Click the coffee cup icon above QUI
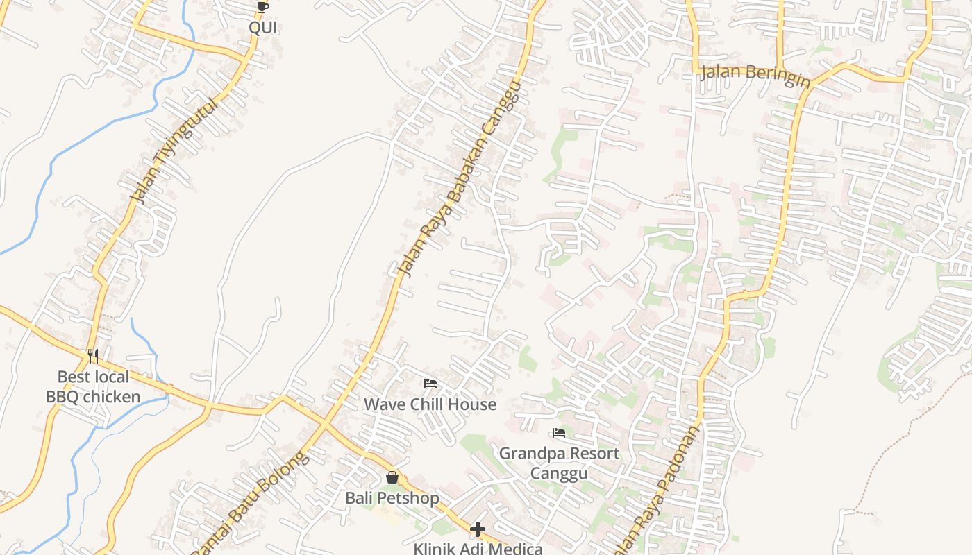pos(262,8)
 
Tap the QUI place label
pos(263,27)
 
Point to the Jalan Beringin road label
pos(755,76)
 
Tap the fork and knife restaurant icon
pos(93,357)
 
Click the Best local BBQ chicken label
pos(93,387)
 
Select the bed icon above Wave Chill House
pos(430,384)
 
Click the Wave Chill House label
pos(430,404)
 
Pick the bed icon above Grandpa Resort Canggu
pos(559,434)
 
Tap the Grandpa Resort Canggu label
pos(559,463)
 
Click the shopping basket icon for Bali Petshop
pos(392,477)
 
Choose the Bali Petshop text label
pos(392,498)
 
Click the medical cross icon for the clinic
pos(478,530)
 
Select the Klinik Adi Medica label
pos(478,549)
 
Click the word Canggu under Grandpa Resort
pos(559,473)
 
